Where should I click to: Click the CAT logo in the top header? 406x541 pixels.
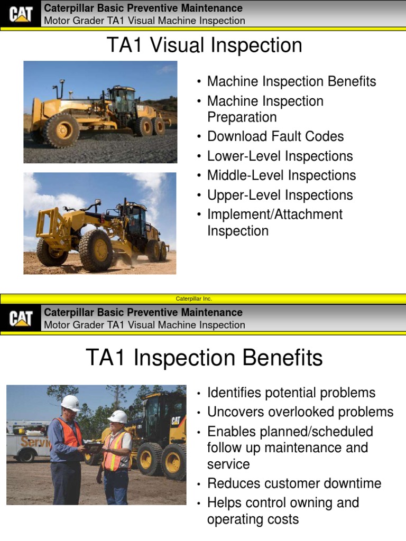(21, 14)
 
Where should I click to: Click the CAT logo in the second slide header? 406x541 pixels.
(21, 319)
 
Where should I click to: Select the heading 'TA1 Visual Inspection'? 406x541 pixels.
(205, 45)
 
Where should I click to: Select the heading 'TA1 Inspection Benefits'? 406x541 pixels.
(204, 358)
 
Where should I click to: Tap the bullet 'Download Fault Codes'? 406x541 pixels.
(275, 136)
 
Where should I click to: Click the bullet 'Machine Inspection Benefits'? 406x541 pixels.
(291, 81)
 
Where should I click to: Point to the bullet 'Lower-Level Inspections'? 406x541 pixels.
(280, 156)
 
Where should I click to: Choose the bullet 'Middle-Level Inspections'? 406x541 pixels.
(281, 175)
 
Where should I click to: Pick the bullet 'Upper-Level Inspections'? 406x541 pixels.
(280, 195)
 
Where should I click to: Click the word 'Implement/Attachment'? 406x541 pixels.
(275, 214)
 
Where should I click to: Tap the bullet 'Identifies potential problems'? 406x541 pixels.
(291, 393)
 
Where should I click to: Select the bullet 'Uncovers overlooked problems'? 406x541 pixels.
(300, 412)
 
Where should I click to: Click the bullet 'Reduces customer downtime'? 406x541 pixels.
(294, 483)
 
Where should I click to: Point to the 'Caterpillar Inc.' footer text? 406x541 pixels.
(193, 299)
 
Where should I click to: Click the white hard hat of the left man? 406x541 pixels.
(70, 402)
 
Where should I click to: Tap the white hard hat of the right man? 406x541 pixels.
(117, 416)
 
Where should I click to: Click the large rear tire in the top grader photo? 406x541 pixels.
(62, 129)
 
